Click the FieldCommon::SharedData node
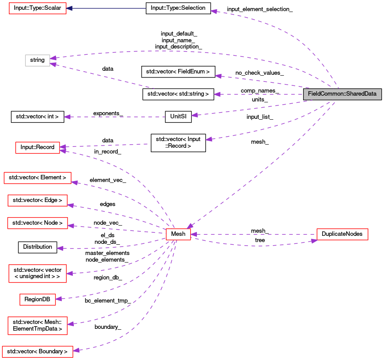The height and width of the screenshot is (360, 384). tap(342, 94)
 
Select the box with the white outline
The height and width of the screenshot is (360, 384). tap(37, 61)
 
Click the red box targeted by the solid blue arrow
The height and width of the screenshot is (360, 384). tap(38, 8)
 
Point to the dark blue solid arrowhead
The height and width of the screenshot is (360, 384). tap(69, 8)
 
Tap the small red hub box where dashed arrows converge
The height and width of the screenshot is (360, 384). tap(178, 234)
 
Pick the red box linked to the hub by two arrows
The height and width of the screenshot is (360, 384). tap(342, 234)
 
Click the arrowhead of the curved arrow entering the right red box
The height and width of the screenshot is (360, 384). tap(314, 241)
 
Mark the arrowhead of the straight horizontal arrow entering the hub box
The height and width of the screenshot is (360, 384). tap(194, 234)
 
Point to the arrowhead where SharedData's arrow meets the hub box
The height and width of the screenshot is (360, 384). tap(189, 226)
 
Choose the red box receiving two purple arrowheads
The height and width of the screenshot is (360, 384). tap(37, 148)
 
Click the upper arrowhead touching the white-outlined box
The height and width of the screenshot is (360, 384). tap(53, 58)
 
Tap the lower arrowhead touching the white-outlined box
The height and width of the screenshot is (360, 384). tap(53, 65)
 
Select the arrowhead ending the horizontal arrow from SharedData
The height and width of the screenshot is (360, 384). tap(217, 94)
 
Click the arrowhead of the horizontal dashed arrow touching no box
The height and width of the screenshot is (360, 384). tap(67, 117)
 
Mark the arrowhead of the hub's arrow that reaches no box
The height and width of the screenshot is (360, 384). tap(60, 248)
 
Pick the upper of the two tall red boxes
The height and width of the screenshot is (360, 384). tap(37, 273)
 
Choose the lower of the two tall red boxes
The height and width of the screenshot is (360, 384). tap(37, 325)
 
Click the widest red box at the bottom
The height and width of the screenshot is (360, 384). tap(37, 352)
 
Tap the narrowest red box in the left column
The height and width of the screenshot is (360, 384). tap(38, 299)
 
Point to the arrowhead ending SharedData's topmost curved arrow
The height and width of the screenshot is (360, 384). tap(214, 11)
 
